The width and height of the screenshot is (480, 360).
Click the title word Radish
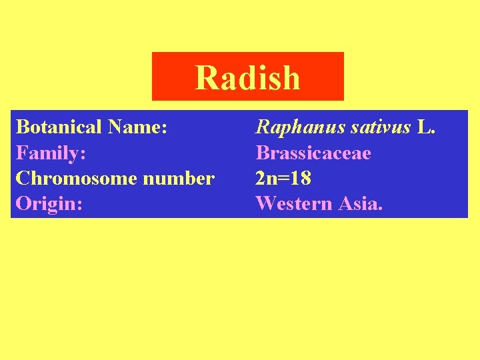247,77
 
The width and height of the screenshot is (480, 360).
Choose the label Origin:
49,203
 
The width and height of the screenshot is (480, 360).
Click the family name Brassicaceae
313,153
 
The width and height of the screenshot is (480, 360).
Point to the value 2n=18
283,178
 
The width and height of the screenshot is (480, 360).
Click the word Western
294,203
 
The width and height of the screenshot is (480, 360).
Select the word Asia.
361,203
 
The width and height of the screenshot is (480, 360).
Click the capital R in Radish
205,77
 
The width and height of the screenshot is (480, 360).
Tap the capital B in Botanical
22,127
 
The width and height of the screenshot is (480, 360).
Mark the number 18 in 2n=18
301,178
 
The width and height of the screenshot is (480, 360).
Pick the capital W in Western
265,203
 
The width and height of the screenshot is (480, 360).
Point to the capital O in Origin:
23,203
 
